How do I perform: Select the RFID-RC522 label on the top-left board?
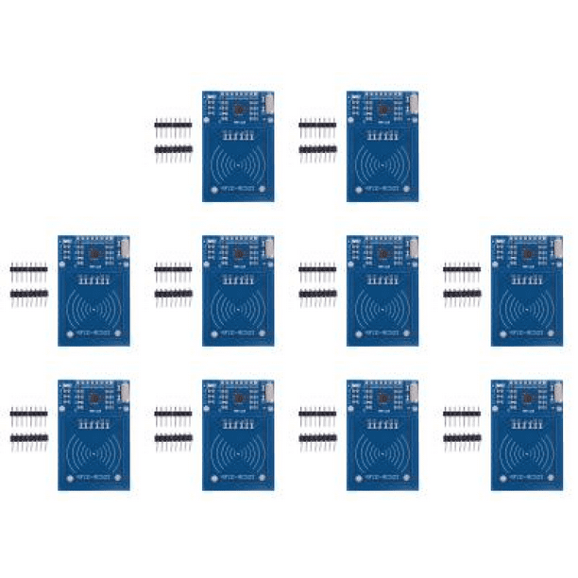(238, 189)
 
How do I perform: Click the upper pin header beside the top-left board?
(174, 123)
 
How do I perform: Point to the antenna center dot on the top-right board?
(382, 163)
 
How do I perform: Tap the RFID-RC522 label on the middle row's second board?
(238, 333)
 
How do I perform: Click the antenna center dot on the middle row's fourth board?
(527, 308)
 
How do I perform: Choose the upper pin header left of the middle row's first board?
(29, 268)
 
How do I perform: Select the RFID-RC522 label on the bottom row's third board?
(382, 478)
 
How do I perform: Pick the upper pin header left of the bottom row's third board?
(317, 413)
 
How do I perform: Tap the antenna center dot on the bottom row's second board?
(238, 452)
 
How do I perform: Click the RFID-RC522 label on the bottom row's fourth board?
(527, 478)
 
